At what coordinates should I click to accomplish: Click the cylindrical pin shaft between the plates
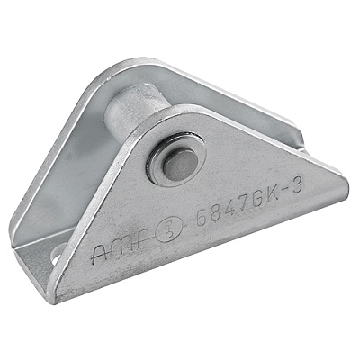pos(136,113)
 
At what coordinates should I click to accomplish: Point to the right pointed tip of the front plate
pos(345,184)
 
